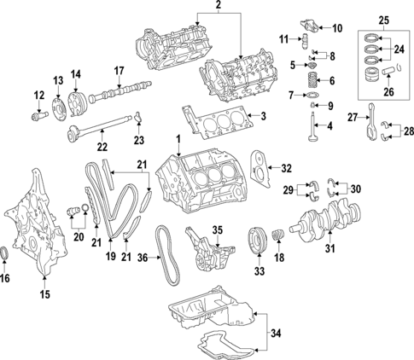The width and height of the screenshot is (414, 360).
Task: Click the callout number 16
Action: tap(7, 277)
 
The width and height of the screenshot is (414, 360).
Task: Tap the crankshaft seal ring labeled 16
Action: tap(8, 253)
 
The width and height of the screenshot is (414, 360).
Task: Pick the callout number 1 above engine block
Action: tap(178, 139)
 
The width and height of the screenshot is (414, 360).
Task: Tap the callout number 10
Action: tap(336, 28)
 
